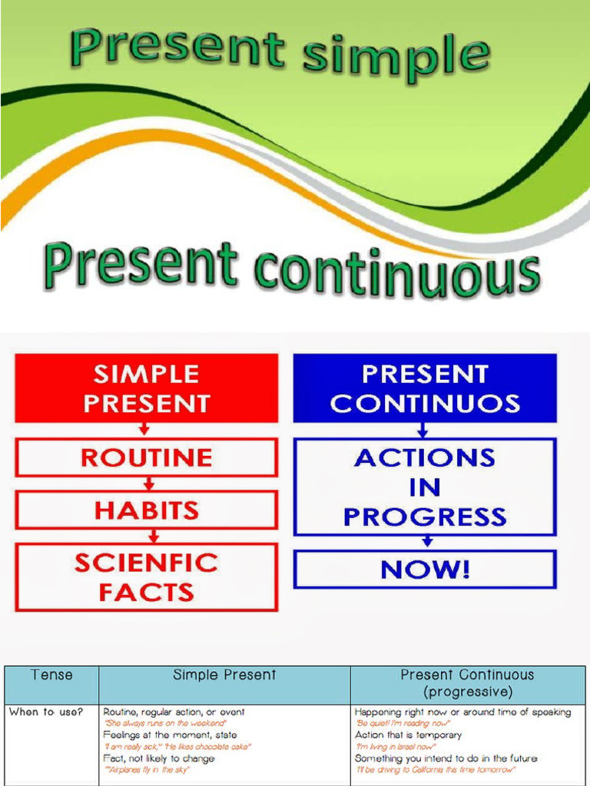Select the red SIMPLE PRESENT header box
click(x=146, y=389)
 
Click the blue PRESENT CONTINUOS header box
click(x=425, y=388)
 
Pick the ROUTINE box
click(x=146, y=458)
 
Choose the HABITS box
click(x=146, y=510)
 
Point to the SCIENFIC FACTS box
click(x=146, y=576)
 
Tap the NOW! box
click(x=425, y=570)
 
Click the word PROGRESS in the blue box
click(x=425, y=517)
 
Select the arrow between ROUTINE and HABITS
click(x=149, y=484)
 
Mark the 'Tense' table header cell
click(x=52, y=675)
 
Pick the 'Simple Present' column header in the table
click(x=224, y=675)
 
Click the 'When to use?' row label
click(x=45, y=712)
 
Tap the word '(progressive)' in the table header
click(x=467, y=692)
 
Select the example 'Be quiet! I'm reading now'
click(x=403, y=724)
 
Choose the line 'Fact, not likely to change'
click(x=160, y=758)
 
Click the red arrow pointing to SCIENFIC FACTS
click(x=154, y=536)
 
